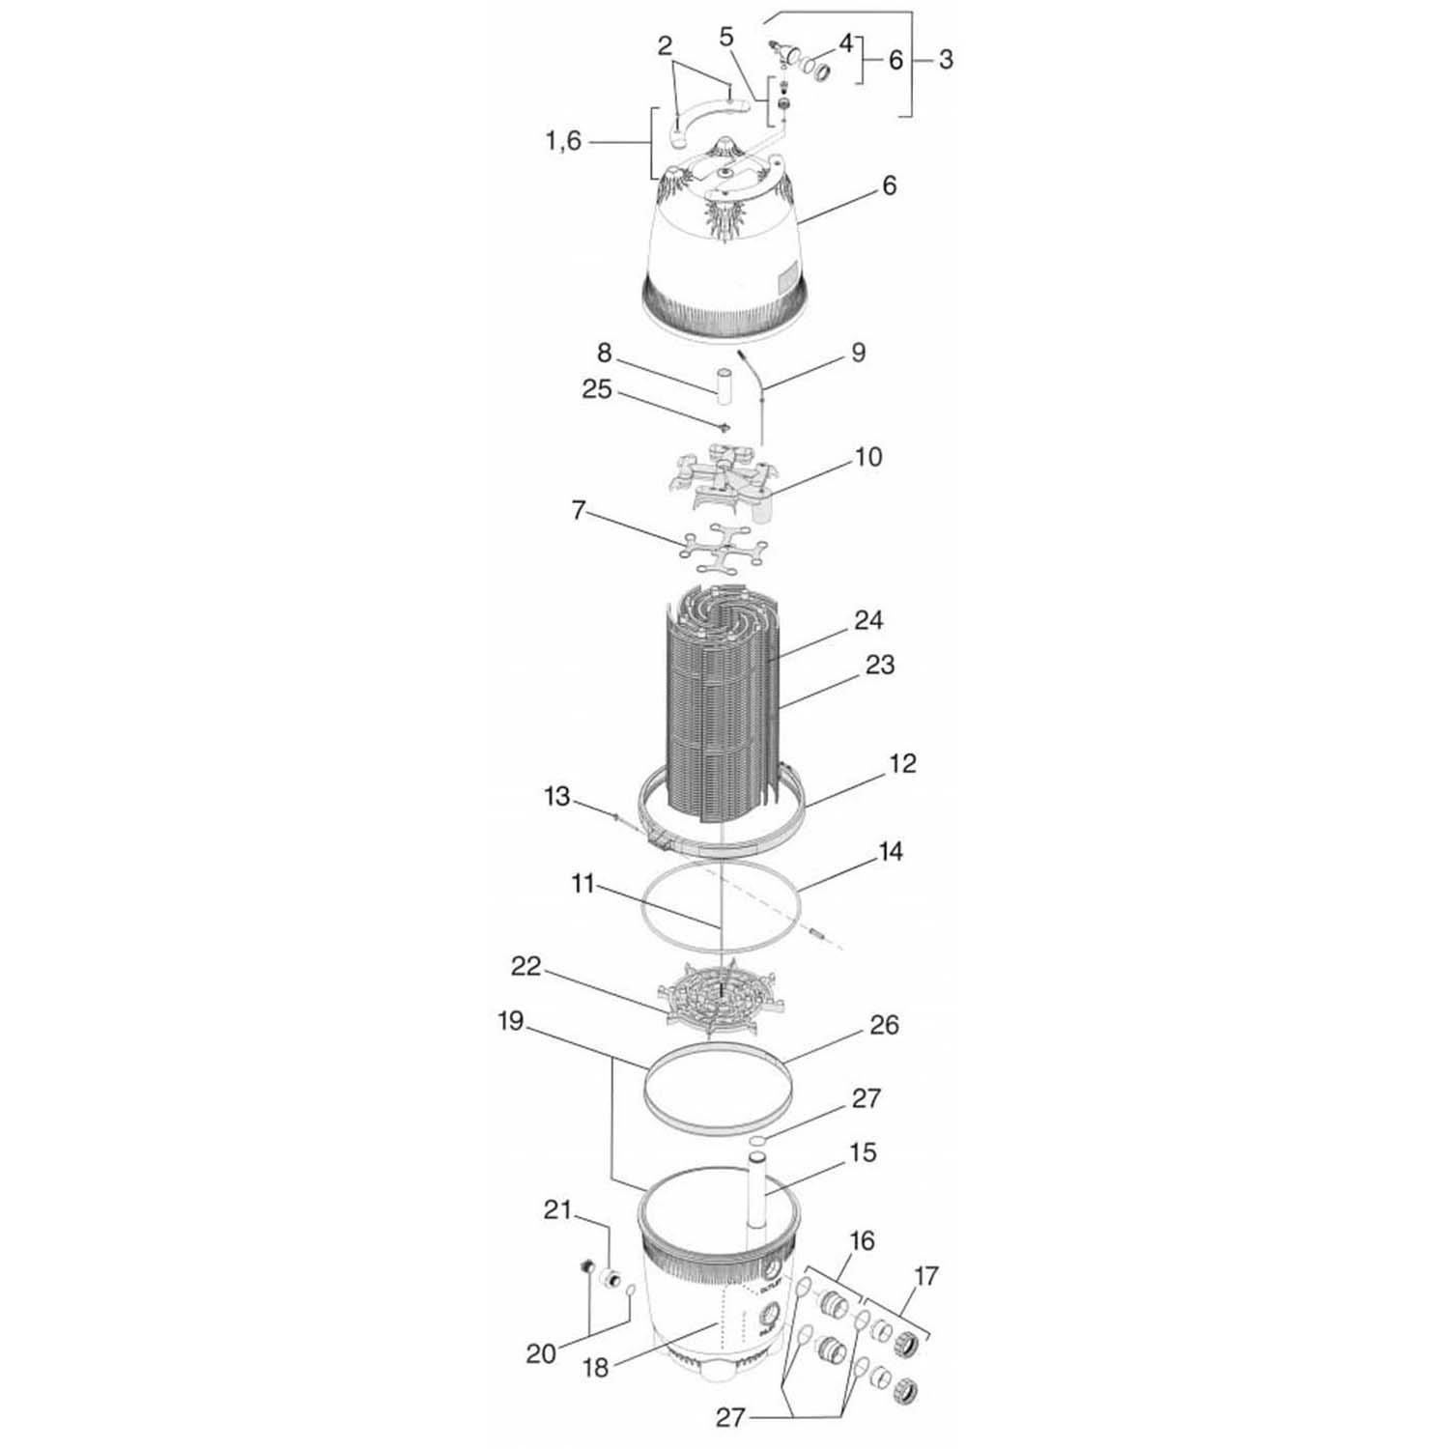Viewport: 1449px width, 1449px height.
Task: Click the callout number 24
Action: [x=868, y=619]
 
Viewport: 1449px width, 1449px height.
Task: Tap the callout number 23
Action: [x=879, y=665]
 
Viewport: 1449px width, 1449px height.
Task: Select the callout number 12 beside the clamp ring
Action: [x=901, y=763]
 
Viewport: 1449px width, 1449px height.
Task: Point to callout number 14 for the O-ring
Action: [x=890, y=851]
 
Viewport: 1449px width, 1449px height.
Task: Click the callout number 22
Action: [x=526, y=967]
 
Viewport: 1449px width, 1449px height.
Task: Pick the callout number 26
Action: [x=884, y=1024]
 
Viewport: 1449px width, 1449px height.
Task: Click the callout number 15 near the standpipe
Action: [x=863, y=1152]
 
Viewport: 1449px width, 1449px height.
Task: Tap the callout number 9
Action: [x=858, y=354]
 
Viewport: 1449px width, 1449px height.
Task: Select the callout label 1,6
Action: [x=563, y=142]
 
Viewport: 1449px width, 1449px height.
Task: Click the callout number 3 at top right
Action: [x=946, y=59]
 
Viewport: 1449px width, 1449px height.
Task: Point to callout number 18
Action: [x=596, y=1368]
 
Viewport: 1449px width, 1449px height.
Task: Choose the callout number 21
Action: [x=557, y=1210]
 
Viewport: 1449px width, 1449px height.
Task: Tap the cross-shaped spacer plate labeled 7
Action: [x=724, y=548]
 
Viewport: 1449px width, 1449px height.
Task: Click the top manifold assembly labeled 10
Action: [x=724, y=478]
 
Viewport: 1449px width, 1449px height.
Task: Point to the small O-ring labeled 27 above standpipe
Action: [x=758, y=1142]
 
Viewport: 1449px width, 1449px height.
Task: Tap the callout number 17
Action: [x=925, y=1276]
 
